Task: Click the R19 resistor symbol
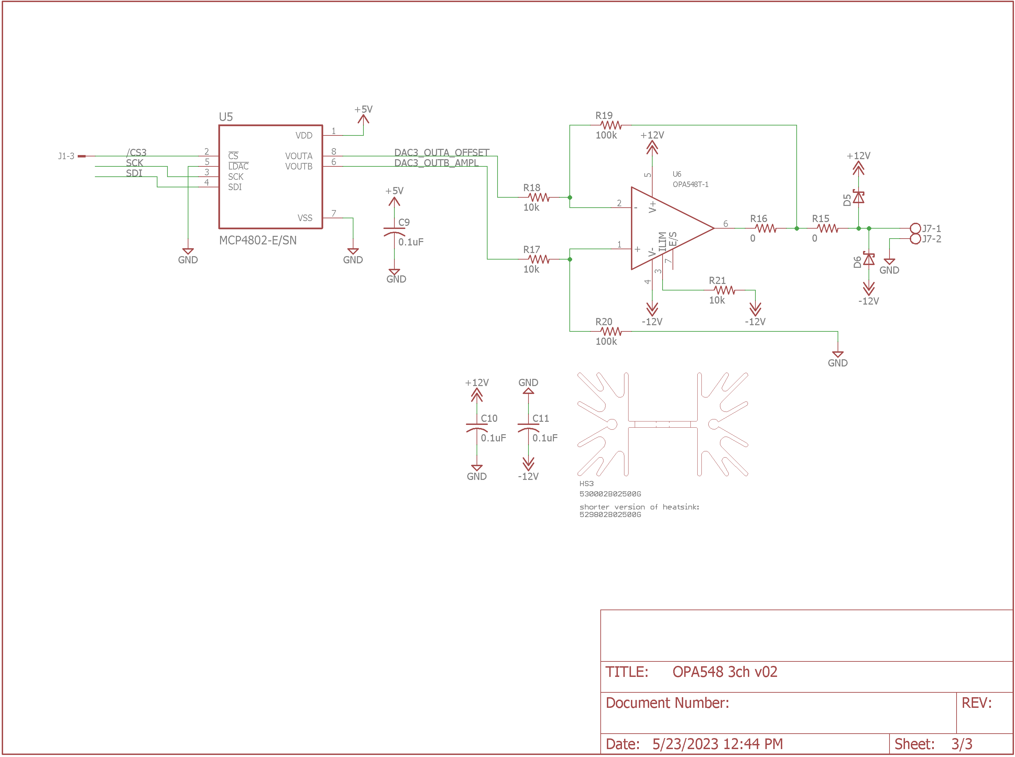(611, 125)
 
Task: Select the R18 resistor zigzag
(538, 197)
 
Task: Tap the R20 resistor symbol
(611, 331)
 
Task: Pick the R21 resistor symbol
(724, 290)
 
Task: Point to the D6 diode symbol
(869, 259)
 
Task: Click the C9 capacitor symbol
(394, 231)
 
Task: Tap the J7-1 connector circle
(915, 228)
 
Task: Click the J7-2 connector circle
(915, 239)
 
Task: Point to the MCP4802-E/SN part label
(258, 241)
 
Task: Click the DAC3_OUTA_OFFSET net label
(442, 152)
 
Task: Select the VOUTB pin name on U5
(299, 166)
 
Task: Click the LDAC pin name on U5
(238, 166)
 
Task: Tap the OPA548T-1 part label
(690, 184)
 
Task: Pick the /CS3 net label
(136, 152)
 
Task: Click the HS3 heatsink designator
(586, 483)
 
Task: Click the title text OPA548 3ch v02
(724, 672)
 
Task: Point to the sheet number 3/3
(961, 744)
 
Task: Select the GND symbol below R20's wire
(838, 354)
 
